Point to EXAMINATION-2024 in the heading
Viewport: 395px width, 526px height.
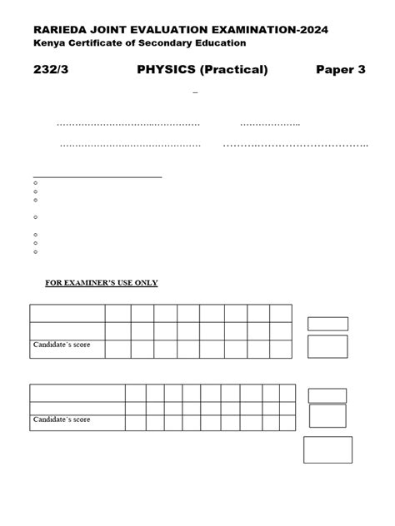pos(281,30)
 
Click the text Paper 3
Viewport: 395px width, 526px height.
pos(341,70)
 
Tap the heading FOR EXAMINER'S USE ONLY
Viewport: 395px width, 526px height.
pos(101,283)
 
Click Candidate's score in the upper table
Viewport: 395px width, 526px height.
pos(62,344)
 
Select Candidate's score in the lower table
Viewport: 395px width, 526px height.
pos(62,419)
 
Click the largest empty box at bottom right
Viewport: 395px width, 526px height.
pos(327,450)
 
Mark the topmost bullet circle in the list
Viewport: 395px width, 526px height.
pos(36,183)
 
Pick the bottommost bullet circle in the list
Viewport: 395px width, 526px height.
pos(36,251)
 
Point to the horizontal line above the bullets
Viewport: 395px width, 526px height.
pos(97,176)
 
